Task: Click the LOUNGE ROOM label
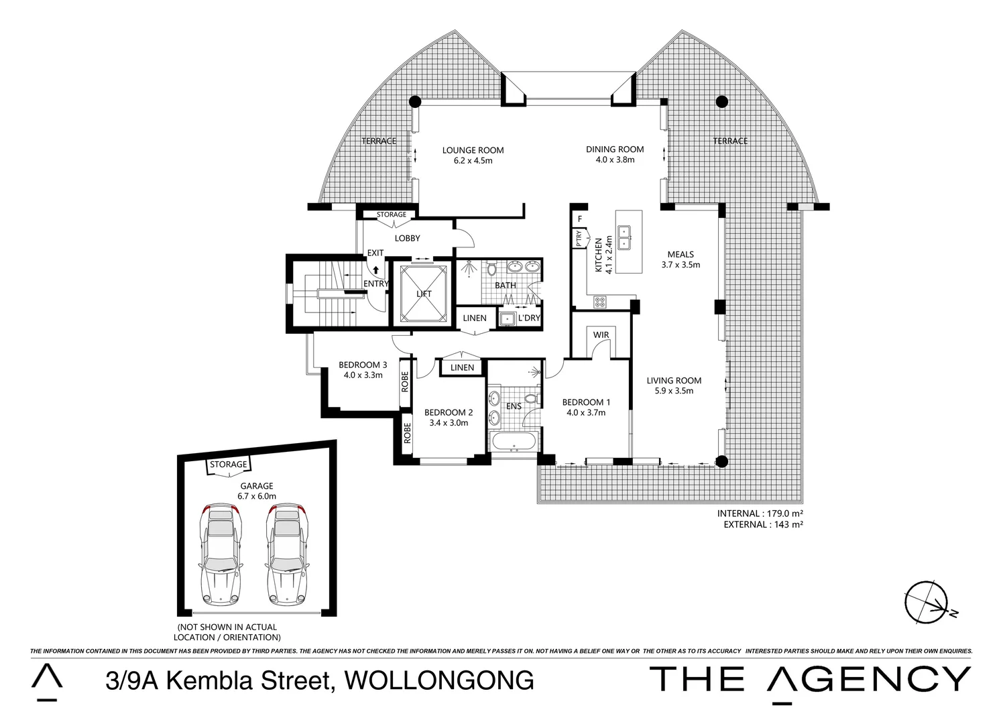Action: pyautogui.click(x=473, y=150)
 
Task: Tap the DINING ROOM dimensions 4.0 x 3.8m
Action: pyautogui.click(x=614, y=160)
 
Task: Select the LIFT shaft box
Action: pyautogui.click(x=423, y=293)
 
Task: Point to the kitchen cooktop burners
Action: pyautogui.click(x=599, y=302)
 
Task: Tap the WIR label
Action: pyautogui.click(x=601, y=335)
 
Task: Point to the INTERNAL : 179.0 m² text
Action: pyautogui.click(x=760, y=514)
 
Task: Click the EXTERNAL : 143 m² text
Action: pyautogui.click(x=763, y=525)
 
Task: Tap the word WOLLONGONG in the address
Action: pyautogui.click(x=438, y=680)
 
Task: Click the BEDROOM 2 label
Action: pyautogui.click(x=449, y=412)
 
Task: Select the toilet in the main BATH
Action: pyautogui.click(x=491, y=269)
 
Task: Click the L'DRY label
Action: pyautogui.click(x=528, y=318)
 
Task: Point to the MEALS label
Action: pyautogui.click(x=681, y=254)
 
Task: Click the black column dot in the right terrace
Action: pyautogui.click(x=721, y=102)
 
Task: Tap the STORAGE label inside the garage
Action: pyautogui.click(x=228, y=465)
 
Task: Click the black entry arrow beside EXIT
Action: pyautogui.click(x=376, y=270)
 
